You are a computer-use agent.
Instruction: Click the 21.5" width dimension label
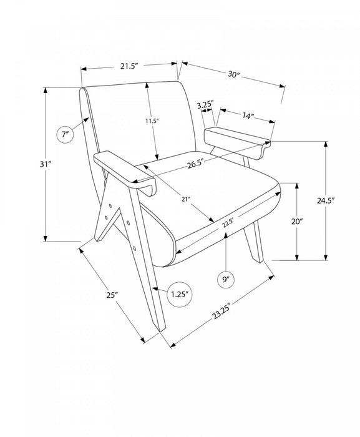129,66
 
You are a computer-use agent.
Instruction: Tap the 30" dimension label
234,74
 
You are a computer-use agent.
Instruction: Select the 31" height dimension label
46,164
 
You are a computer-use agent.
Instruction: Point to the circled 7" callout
66,135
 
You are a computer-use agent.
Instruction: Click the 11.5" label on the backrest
152,121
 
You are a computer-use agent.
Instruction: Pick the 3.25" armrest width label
205,106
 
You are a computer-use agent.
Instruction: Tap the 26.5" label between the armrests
195,164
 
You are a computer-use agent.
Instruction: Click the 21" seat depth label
186,199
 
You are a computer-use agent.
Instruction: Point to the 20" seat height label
296,222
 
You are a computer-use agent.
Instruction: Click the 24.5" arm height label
326,200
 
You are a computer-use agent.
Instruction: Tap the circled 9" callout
226,279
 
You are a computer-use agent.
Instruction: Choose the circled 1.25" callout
180,294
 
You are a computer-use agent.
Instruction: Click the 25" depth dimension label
112,295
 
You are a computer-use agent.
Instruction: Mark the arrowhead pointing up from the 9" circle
226,235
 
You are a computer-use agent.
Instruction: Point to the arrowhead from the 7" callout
86,120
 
